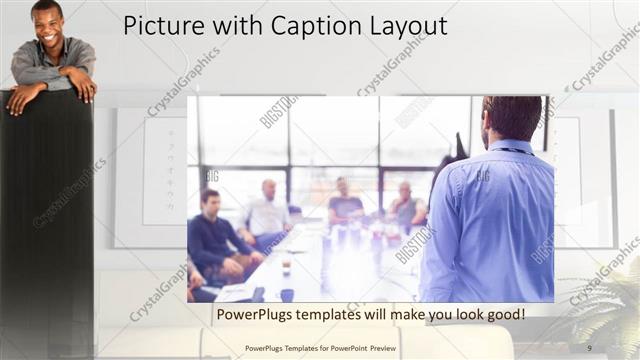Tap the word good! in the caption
pyautogui.click(x=502, y=314)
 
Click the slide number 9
pyautogui.click(x=589, y=348)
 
